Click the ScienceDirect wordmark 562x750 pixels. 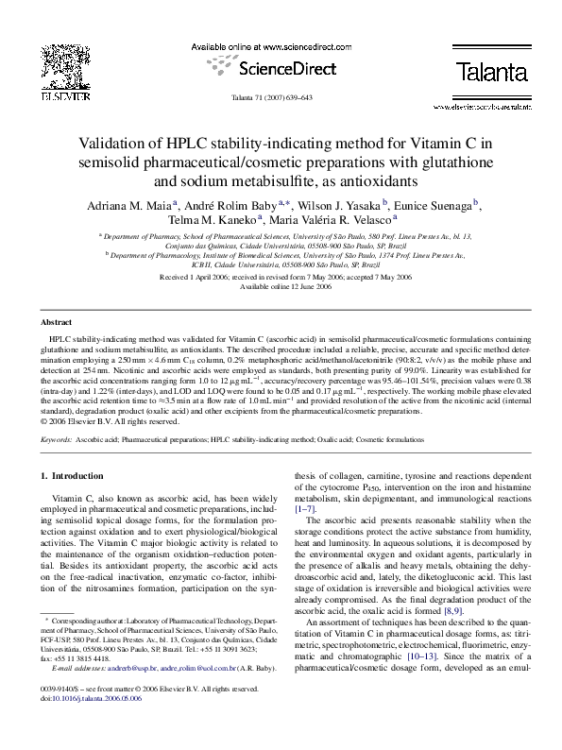pos(281,68)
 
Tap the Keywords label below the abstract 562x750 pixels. pos(58,440)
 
